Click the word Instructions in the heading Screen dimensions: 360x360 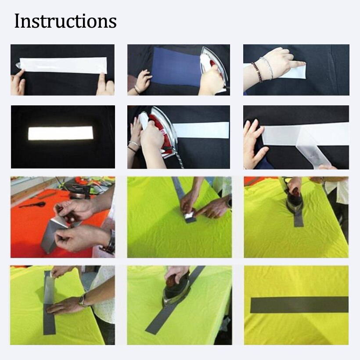(x=65, y=21)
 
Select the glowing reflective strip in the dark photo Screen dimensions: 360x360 (x=61, y=133)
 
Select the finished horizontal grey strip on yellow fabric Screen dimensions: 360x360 (x=299, y=304)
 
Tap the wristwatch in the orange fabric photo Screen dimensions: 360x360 (x=110, y=244)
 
